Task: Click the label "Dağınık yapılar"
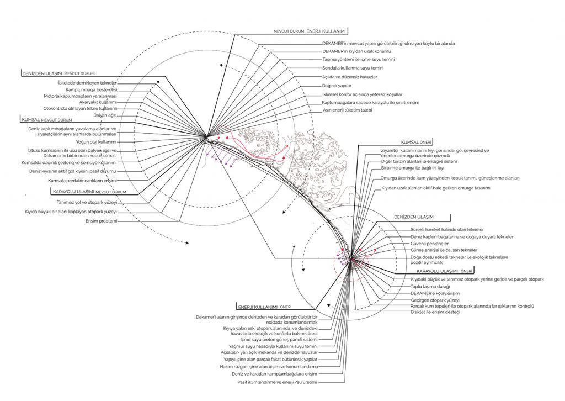pos(338,86)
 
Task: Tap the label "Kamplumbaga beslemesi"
pos(92,89)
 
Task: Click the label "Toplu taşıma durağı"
pos(430,287)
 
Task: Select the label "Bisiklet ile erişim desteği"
pos(435,312)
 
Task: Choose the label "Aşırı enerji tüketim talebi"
pos(348,110)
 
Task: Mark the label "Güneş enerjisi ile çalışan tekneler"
pos(440,250)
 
